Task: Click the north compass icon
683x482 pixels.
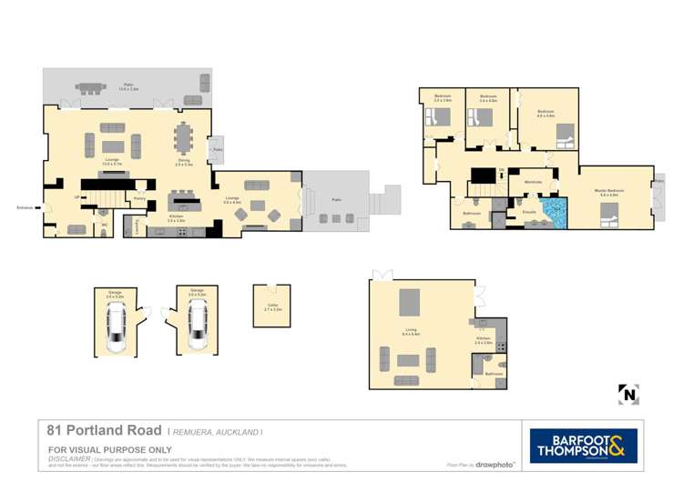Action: (628, 394)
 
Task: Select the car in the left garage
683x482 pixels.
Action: (115, 328)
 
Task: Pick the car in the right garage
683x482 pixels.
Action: (198, 328)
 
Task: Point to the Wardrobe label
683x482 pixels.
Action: (533, 182)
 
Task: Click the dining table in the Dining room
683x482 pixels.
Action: (185, 139)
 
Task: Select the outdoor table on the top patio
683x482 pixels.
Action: (91, 88)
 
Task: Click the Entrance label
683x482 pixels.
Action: (25, 207)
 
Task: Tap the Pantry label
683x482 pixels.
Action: (140, 198)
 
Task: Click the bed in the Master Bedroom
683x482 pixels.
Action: (608, 215)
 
